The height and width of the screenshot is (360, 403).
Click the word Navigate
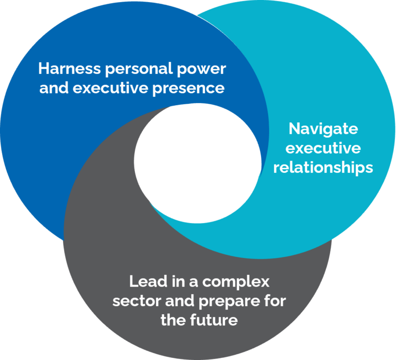tap(323, 129)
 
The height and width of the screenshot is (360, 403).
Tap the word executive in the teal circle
tap(323, 148)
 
